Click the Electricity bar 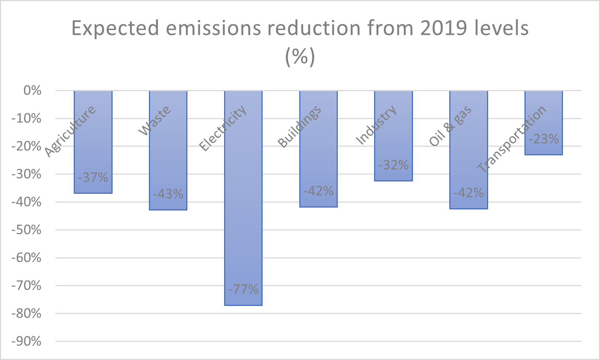[x=243, y=218]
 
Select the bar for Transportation [x=544, y=109]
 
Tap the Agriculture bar [x=93, y=152]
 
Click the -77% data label [x=243, y=290]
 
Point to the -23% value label [x=544, y=139]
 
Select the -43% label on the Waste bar [x=168, y=194]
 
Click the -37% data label [x=93, y=177]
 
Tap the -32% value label [x=393, y=165]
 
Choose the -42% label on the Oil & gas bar [x=469, y=193]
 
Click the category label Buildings [x=299, y=127]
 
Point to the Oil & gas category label [x=450, y=126]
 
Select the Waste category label [x=155, y=121]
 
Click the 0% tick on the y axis [x=32, y=90]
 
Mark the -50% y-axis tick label [x=27, y=230]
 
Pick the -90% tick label [x=27, y=341]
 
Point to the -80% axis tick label [x=27, y=314]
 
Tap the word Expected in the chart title [x=115, y=28]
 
